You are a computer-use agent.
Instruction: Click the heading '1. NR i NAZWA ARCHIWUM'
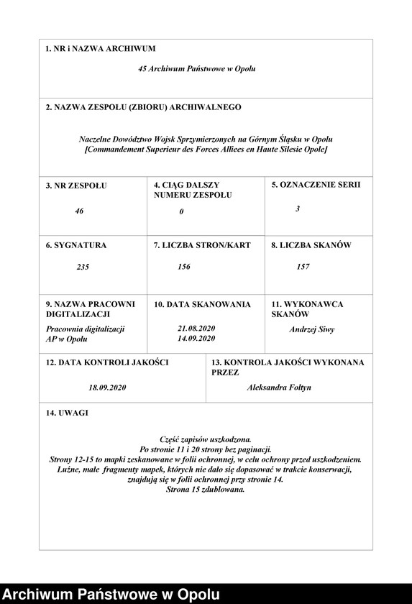100,49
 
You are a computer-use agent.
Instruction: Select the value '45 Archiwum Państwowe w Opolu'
196,69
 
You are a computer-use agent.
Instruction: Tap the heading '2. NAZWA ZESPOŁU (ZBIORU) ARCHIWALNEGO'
143,107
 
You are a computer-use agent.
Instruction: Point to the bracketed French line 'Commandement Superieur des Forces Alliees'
206,149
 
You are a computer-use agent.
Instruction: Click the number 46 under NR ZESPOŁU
79,211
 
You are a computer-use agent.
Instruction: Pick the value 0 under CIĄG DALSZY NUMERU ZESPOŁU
182,211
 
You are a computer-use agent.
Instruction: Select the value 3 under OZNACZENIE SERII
298,209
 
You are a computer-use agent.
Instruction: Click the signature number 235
83,267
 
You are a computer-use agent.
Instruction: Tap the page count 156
184,267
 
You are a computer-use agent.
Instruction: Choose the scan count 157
303,267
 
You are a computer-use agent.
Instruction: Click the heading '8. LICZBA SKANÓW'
311,245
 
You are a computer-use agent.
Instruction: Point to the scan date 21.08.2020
196,329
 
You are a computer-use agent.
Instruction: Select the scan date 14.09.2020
196,338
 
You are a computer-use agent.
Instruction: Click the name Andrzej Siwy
312,330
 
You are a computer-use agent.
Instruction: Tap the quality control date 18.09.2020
108,388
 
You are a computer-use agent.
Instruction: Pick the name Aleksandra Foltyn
279,388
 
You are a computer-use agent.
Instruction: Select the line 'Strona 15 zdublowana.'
206,489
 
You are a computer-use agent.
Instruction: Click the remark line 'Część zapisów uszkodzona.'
206,439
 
